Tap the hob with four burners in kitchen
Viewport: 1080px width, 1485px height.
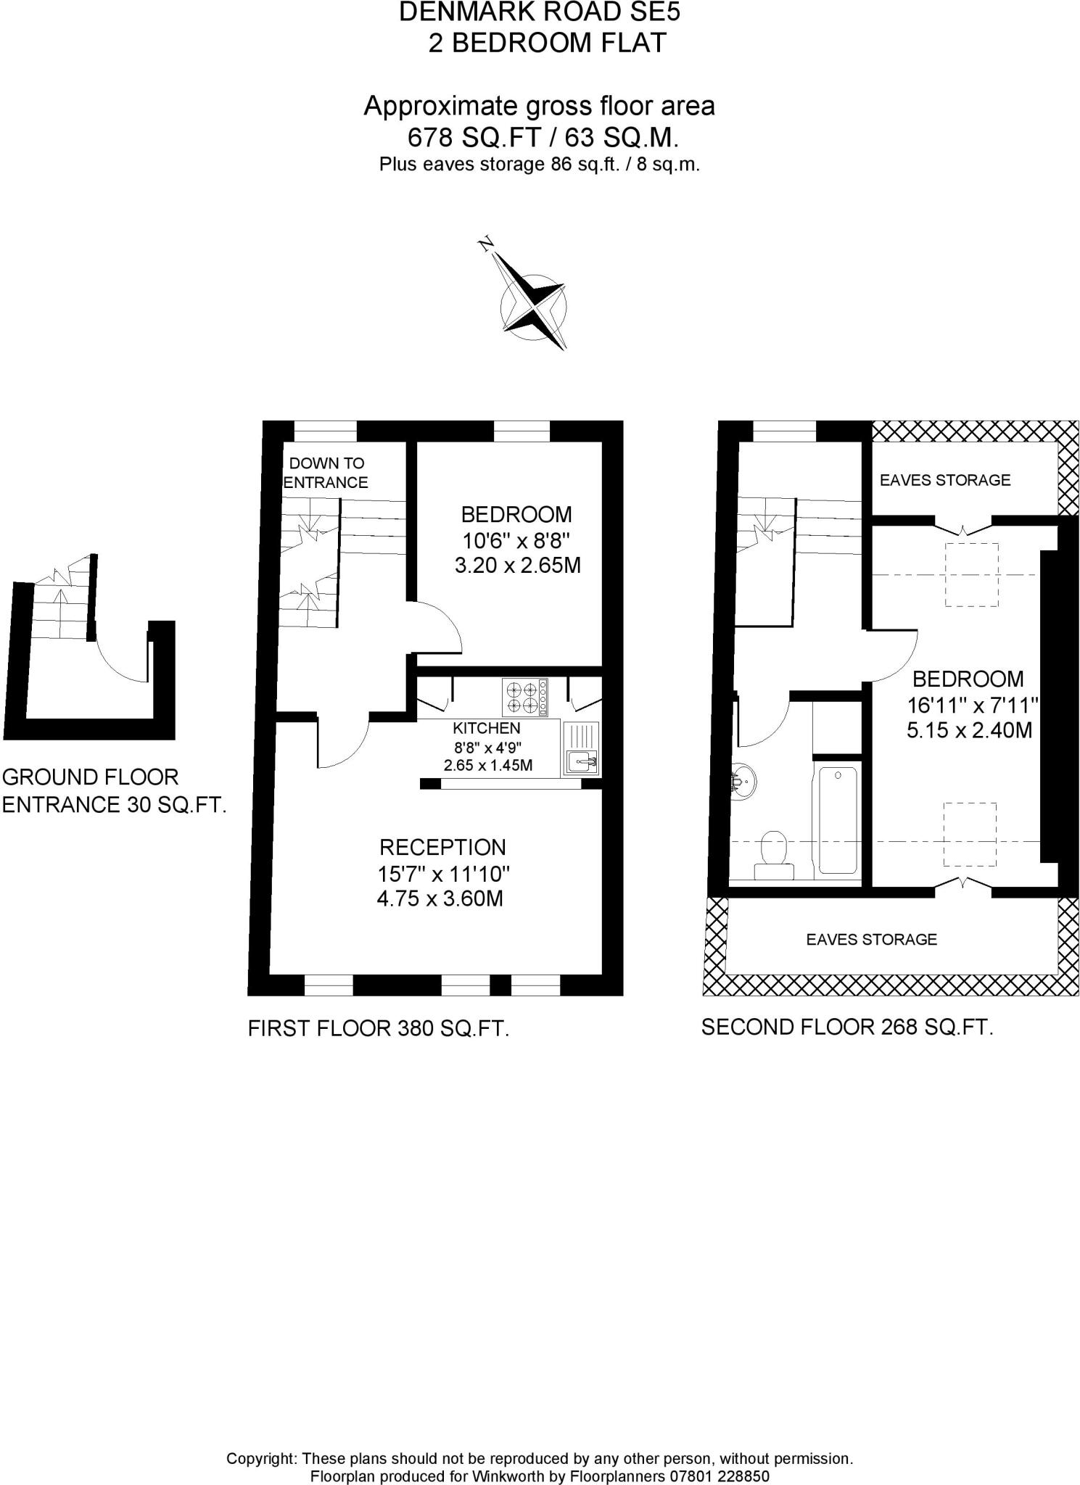coord(524,697)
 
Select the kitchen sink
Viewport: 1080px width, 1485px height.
coord(581,761)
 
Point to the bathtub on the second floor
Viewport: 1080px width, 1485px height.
coord(837,818)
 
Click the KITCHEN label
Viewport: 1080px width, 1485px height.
coord(487,728)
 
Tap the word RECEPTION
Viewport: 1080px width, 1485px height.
coord(442,847)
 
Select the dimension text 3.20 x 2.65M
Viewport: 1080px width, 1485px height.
coord(517,566)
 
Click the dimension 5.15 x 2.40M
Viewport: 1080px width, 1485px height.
coord(969,730)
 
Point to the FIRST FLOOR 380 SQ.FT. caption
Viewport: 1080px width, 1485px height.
coord(378,1028)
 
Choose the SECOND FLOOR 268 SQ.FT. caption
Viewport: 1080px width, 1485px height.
coord(846,1027)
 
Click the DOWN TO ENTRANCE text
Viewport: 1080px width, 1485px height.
coord(326,473)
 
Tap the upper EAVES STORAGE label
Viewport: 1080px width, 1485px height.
coord(944,480)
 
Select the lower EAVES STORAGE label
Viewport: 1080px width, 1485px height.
coord(871,940)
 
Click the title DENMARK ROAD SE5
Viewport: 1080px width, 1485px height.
coord(540,12)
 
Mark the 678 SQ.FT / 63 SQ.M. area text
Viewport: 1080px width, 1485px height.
coord(543,137)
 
